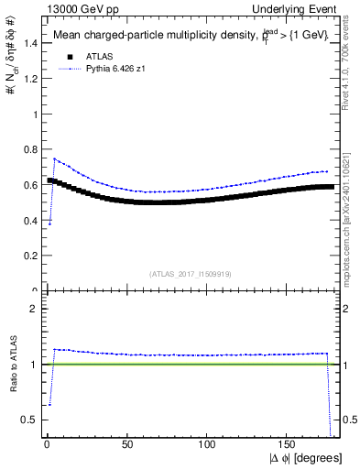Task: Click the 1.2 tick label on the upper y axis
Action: (x=31, y=79)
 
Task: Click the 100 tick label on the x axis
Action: (x=209, y=444)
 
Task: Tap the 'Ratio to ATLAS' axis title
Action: (x=12, y=365)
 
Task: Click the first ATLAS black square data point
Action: (x=49, y=180)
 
